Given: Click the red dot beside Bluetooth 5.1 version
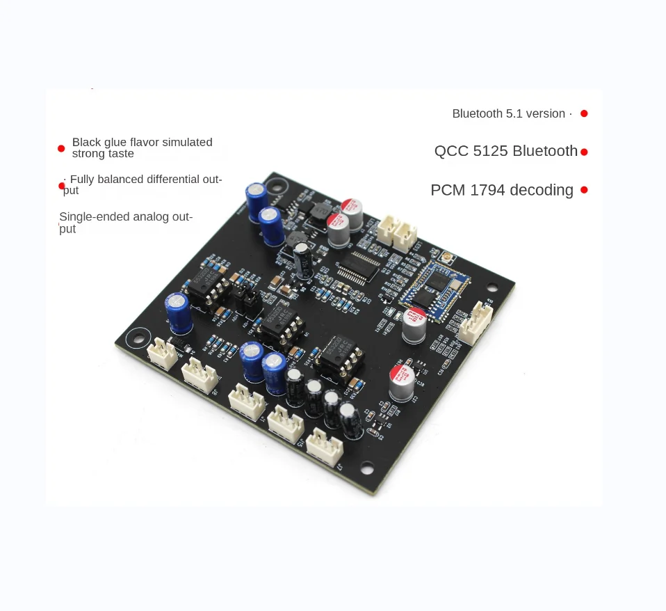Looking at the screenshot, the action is point(584,113).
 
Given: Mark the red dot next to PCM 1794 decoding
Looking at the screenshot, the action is point(584,189).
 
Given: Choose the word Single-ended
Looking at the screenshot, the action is point(86,217).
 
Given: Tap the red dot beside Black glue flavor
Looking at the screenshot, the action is point(61,148).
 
